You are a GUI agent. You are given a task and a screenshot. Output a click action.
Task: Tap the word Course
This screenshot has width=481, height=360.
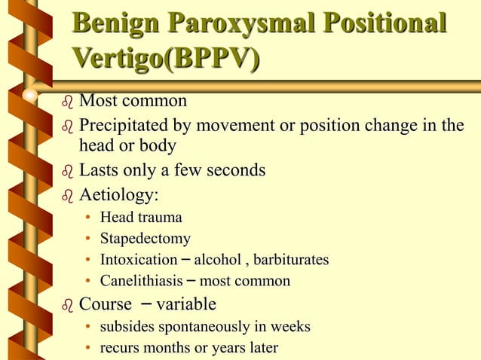point(106,304)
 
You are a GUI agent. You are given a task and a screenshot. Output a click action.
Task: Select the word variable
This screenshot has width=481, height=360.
point(185,304)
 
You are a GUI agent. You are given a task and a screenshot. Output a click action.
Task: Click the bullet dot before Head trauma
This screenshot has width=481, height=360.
point(88,218)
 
